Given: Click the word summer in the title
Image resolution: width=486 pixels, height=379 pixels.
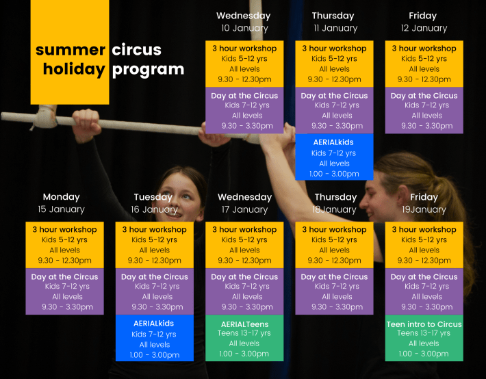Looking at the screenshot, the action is coord(71,50).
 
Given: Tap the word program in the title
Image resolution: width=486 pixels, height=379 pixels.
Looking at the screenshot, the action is coord(148,70).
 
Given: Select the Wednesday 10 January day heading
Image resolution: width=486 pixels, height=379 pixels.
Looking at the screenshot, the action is coord(244,22).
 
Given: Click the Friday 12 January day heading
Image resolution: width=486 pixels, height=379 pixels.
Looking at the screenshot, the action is coord(424,22).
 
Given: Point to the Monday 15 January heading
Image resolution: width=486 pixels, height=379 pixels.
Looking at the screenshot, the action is coord(62,203).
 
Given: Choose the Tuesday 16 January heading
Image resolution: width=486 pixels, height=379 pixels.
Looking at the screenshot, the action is coord(154,203).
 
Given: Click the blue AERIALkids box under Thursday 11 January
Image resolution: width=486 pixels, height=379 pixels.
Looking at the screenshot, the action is coord(334,157).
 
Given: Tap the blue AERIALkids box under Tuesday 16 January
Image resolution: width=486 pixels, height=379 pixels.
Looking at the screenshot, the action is coord(154,338).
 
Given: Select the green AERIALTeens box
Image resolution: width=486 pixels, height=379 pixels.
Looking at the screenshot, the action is coord(244,338).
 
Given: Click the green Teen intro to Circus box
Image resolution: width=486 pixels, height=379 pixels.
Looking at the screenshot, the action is coord(424,338).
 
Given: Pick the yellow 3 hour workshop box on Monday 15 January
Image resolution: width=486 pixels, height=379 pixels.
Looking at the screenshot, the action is coord(64,245).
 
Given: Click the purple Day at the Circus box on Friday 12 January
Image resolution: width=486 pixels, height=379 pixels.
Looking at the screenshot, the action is coord(424,110).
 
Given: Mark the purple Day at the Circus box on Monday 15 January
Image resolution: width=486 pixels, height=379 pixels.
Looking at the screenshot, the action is coord(64,291).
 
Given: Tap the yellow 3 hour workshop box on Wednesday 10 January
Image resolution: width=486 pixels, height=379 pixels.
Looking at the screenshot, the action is coord(244,64).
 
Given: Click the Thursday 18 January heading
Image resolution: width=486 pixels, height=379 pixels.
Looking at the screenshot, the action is coord(335,203).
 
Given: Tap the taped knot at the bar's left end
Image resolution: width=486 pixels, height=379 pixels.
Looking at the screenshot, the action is coord(45,117).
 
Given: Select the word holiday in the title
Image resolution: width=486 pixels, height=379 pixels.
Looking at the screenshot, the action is coord(74,69).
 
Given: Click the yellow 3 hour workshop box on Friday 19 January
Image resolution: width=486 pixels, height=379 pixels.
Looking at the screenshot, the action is coord(424,245).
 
